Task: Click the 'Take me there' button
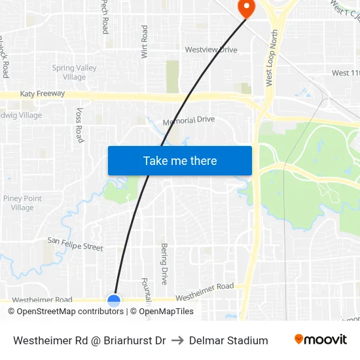(179, 160)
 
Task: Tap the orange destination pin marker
(247, 9)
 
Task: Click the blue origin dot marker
(114, 300)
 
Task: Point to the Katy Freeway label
(43, 94)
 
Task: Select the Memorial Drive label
(189, 120)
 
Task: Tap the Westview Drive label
(211, 50)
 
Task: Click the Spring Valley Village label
(74, 73)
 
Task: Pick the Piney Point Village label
(22, 203)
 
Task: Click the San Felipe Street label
(75, 244)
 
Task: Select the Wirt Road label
(145, 42)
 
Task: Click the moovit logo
(321, 340)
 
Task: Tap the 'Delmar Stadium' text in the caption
(228, 340)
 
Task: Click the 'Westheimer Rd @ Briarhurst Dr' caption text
(89, 340)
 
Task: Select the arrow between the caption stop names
(177, 340)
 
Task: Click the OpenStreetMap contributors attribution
(65, 312)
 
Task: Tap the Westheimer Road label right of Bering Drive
(204, 292)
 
